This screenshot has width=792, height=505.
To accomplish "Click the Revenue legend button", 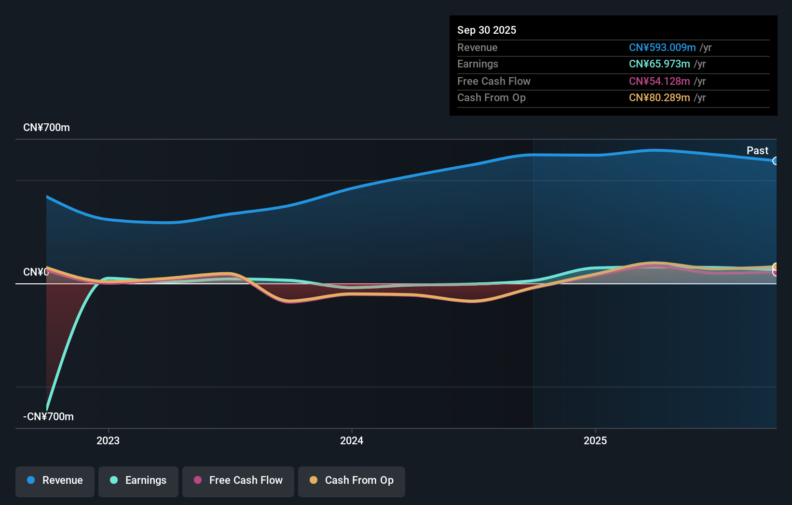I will (x=55, y=481).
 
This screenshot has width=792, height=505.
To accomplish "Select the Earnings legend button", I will (x=138, y=481).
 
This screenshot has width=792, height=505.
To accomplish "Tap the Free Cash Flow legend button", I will (x=238, y=481).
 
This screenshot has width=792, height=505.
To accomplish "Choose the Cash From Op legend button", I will (x=352, y=481).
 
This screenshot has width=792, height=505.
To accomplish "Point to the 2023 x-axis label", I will (x=108, y=441).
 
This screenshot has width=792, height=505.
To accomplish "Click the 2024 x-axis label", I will (x=352, y=441).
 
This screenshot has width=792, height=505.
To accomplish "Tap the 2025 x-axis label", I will (x=595, y=441).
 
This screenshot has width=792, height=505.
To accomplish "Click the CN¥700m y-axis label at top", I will (x=46, y=128).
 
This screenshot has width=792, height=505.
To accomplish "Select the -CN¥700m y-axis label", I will (x=48, y=417).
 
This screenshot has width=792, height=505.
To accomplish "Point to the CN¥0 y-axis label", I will (x=36, y=272).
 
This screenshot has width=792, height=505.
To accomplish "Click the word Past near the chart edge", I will (x=757, y=151).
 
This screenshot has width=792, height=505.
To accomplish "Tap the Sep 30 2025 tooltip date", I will (x=487, y=30).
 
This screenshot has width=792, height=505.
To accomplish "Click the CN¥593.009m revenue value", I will (x=662, y=48).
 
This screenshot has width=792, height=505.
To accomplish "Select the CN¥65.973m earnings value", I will (x=659, y=64).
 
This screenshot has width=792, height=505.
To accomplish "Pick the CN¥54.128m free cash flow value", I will (x=659, y=81).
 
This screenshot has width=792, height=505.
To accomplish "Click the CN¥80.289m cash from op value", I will (x=659, y=98).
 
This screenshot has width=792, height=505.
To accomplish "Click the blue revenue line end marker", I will (x=775, y=161).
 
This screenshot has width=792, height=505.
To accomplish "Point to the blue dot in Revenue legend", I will (x=31, y=480).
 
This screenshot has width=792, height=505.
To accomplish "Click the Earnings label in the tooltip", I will (x=478, y=64).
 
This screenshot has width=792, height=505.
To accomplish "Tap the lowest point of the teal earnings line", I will (x=47, y=409).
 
